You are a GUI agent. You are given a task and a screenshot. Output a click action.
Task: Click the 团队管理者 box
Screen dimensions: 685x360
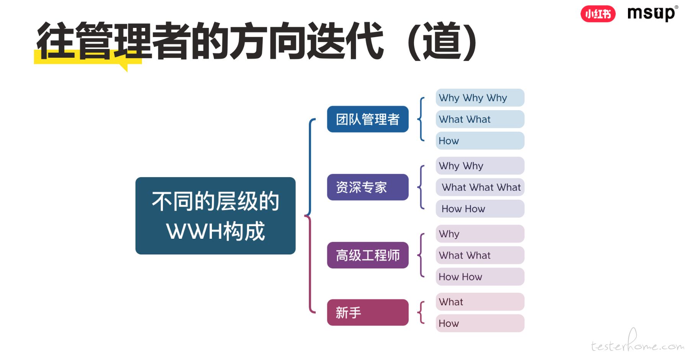(x=368, y=119)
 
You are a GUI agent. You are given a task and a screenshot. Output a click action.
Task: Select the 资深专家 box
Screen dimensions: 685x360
(x=368, y=187)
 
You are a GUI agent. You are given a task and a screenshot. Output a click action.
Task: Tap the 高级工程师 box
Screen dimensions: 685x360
(x=368, y=255)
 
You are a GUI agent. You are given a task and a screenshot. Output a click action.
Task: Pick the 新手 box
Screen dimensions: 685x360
(x=368, y=313)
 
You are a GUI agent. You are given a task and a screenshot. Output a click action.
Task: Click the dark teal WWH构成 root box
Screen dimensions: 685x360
(x=215, y=216)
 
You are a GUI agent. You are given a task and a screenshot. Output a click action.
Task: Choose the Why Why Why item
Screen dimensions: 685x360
(x=480, y=98)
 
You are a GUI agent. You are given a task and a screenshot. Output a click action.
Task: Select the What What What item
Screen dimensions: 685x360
(x=480, y=187)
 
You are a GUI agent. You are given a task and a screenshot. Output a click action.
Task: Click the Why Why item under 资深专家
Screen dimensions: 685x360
(x=480, y=166)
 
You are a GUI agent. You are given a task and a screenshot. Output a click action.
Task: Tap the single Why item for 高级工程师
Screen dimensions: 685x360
(x=480, y=234)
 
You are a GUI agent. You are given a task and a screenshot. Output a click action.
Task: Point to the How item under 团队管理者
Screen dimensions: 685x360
(x=480, y=141)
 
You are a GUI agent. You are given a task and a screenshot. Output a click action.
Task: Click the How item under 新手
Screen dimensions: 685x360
(x=480, y=323)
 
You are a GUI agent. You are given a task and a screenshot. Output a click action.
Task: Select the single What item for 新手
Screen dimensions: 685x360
(x=480, y=302)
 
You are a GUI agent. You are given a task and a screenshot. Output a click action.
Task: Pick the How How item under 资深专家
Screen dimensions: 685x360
(x=480, y=209)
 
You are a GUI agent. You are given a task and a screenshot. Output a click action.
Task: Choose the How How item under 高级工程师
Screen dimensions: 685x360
(x=480, y=277)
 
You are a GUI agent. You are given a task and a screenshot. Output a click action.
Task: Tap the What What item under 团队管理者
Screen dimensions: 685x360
(x=480, y=119)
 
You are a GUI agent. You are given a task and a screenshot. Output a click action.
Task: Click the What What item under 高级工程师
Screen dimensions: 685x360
(x=480, y=255)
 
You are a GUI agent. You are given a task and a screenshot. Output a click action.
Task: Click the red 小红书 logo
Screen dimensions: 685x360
(x=598, y=14)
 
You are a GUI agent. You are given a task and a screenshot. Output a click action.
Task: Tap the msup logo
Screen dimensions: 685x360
(x=652, y=13)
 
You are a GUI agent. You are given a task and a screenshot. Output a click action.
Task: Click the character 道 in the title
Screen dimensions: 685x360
(x=442, y=41)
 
